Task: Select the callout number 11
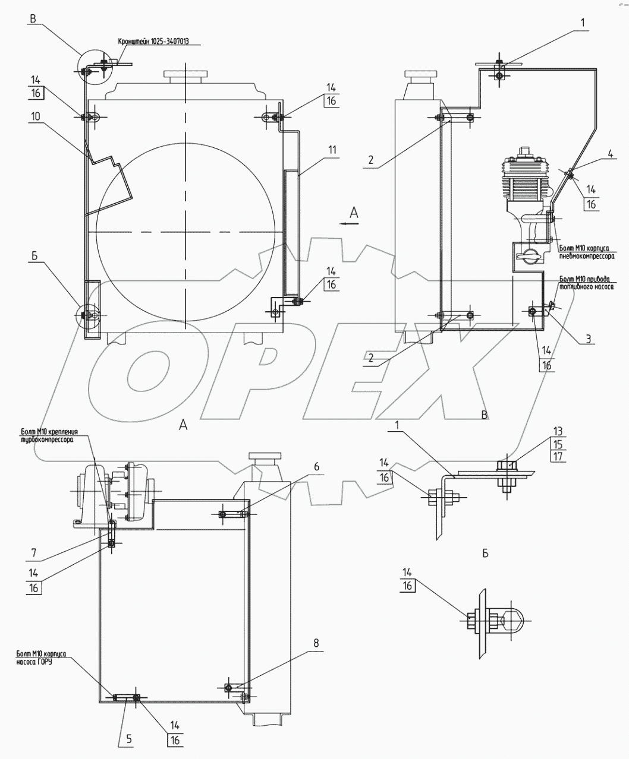click(331, 150)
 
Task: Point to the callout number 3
click(588, 339)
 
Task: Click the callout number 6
click(316, 467)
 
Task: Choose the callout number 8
click(316, 643)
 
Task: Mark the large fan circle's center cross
click(187, 231)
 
